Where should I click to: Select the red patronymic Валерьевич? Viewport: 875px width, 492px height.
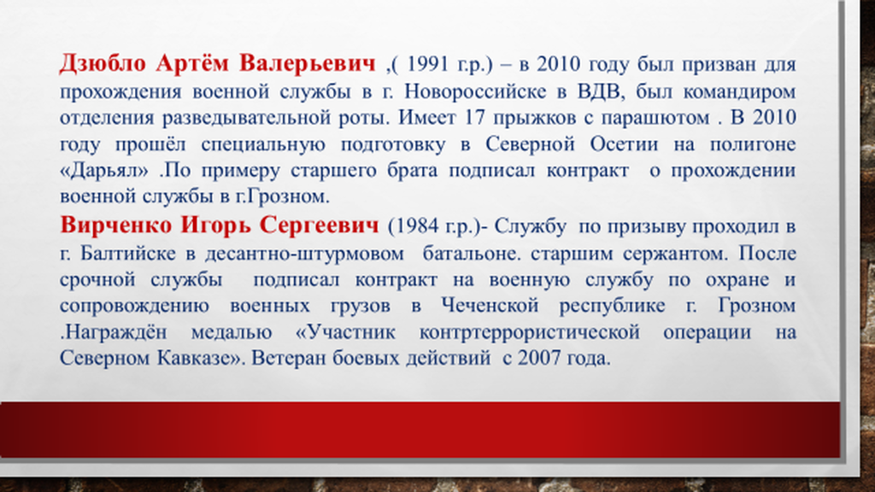point(308,63)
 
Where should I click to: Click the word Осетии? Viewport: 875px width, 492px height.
point(624,143)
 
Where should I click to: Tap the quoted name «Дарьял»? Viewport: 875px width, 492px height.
point(104,171)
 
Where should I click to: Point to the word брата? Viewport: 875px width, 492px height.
point(413,171)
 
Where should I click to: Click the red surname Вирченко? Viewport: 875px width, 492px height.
point(116,225)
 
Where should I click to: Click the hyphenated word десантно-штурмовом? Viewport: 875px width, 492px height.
point(304,254)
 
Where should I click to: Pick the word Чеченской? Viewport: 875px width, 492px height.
point(490,306)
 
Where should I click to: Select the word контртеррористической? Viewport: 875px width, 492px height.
point(530,332)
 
